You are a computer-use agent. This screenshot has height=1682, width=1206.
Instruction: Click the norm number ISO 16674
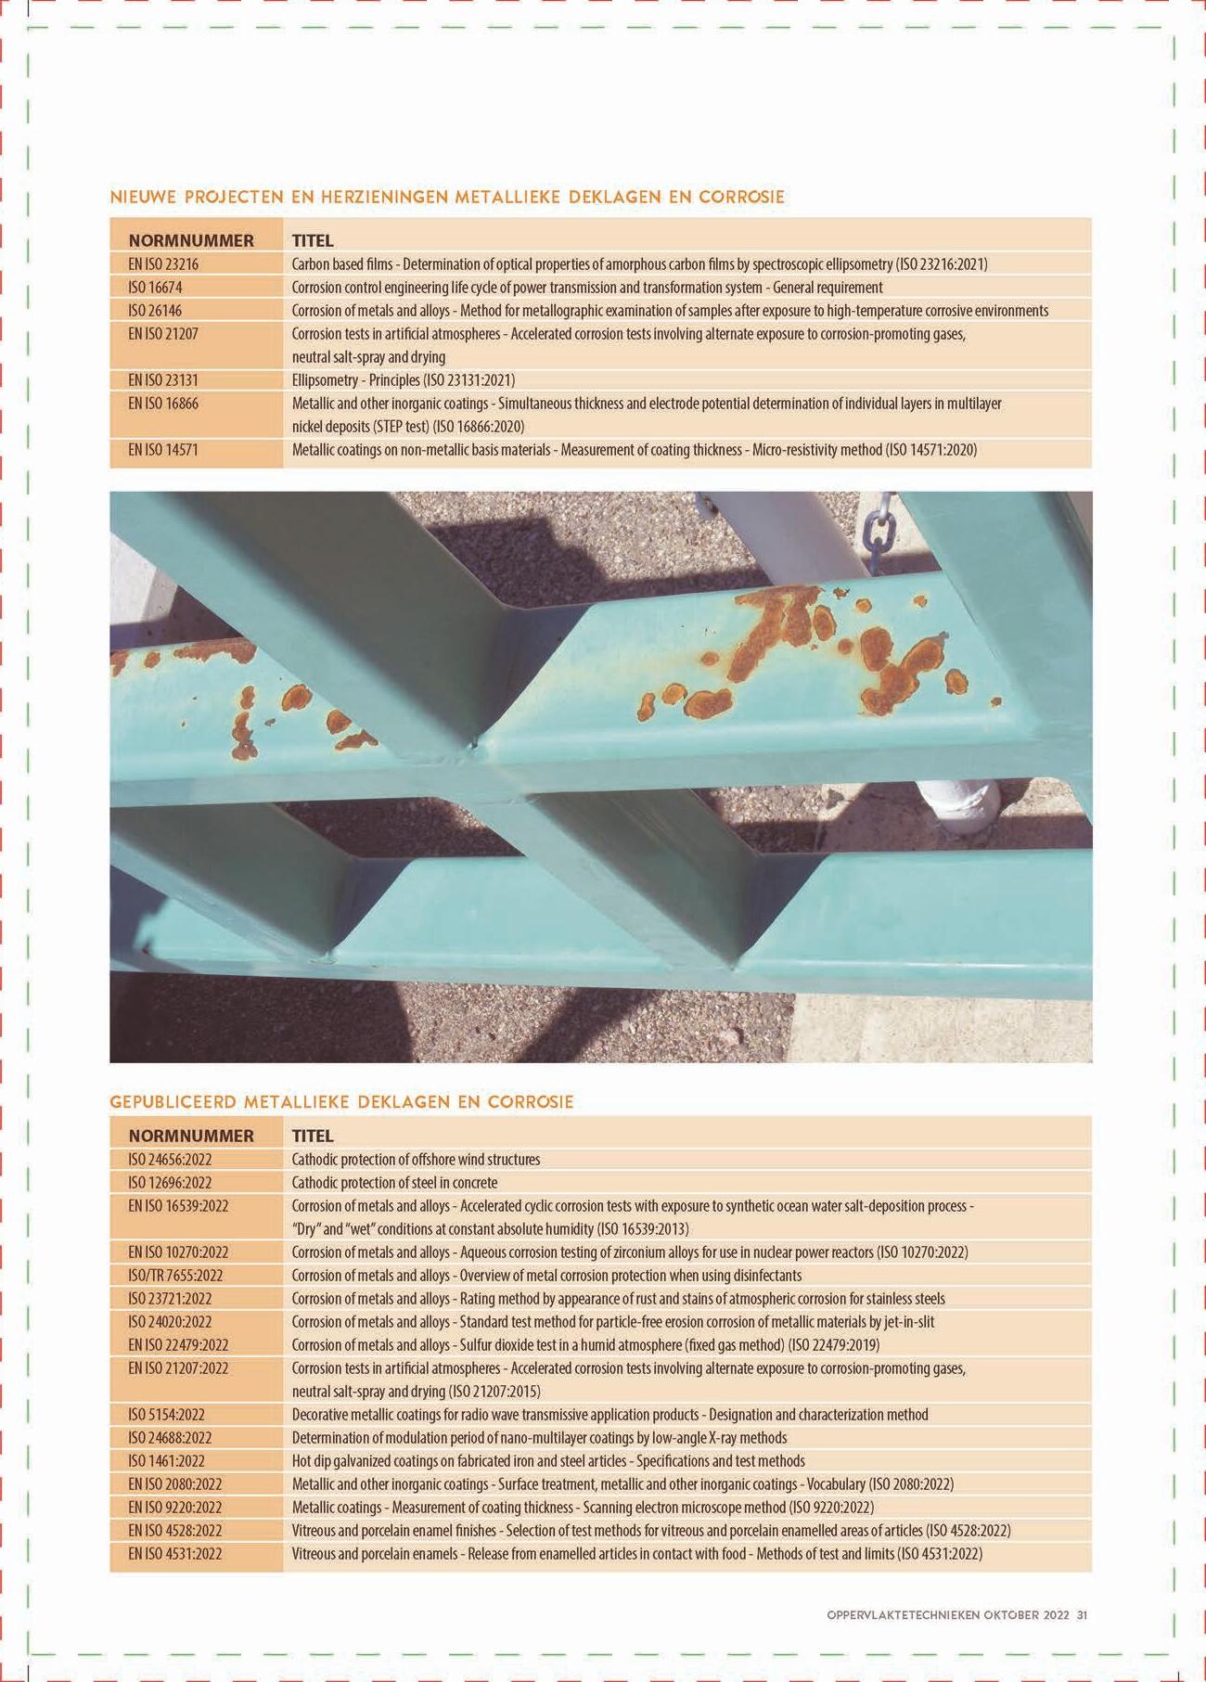pos(155,288)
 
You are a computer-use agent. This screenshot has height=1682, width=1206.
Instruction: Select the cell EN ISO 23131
pos(163,380)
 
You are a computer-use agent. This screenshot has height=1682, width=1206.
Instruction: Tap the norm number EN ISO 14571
pos(163,450)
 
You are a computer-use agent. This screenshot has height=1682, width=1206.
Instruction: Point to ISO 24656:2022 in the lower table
pos(170,1160)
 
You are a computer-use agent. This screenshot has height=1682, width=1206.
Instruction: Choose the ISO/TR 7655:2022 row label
pos(175,1276)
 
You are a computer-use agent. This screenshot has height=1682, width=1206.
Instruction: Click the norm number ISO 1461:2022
pos(166,1461)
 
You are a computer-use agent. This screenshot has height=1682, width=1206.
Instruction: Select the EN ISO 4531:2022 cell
pos(175,1554)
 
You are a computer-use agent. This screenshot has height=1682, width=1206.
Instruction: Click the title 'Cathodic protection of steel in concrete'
pos(394,1183)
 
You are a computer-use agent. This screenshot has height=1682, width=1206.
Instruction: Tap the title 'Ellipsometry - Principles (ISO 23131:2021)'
pos(403,380)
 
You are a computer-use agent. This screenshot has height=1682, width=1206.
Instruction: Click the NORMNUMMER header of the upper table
pos(191,241)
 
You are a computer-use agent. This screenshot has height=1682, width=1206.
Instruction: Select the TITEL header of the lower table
pos(312,1136)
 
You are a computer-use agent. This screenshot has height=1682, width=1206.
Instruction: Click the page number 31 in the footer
pos(1082,1615)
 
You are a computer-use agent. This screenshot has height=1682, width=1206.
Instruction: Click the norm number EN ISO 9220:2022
pos(175,1508)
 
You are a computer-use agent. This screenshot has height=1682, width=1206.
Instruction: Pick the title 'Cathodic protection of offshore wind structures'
pos(416,1160)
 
